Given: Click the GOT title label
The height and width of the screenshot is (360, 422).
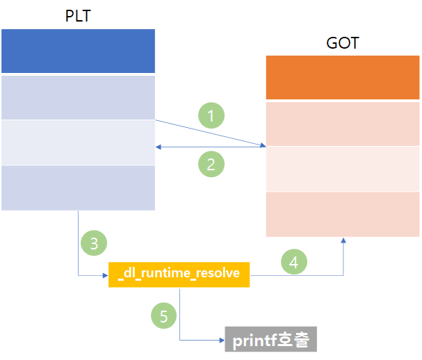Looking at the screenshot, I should pyautogui.click(x=343, y=42).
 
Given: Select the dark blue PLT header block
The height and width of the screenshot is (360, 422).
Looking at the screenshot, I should pyautogui.click(x=78, y=51).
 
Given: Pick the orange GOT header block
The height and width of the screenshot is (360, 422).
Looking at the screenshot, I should pyautogui.click(x=343, y=78).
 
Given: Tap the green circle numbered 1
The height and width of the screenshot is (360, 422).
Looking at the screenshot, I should pyautogui.click(x=211, y=115).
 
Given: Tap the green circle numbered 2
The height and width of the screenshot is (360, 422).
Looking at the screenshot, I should pyautogui.click(x=211, y=164).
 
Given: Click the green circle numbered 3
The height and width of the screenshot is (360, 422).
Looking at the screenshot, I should pyautogui.click(x=95, y=243).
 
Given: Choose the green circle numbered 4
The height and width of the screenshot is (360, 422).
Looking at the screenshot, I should pyautogui.click(x=293, y=261).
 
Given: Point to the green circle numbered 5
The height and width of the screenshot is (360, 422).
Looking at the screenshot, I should pyautogui.click(x=163, y=316).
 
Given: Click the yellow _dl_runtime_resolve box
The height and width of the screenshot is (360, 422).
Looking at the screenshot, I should pyautogui.click(x=179, y=274).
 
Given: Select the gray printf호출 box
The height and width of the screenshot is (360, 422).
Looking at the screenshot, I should pyautogui.click(x=271, y=340).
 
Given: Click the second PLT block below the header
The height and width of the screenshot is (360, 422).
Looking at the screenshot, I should pyautogui.click(x=78, y=97).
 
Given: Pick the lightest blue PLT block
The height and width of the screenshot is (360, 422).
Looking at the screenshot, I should pyautogui.click(x=78, y=142).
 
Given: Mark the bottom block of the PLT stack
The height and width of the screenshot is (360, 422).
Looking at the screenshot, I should pyautogui.click(x=78, y=188).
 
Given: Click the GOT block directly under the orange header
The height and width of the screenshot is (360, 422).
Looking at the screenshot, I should pyautogui.click(x=343, y=123).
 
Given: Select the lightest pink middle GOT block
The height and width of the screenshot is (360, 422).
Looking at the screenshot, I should pyautogui.click(x=343, y=169).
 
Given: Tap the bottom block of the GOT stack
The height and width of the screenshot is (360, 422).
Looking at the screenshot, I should pyautogui.click(x=343, y=214).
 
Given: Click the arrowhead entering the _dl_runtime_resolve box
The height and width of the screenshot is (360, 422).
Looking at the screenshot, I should pyautogui.click(x=106, y=275).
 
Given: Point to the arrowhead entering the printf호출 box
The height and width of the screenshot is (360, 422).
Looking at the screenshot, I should pyautogui.click(x=221, y=341).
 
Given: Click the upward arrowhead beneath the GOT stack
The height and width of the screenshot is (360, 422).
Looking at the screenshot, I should pyautogui.click(x=343, y=240).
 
